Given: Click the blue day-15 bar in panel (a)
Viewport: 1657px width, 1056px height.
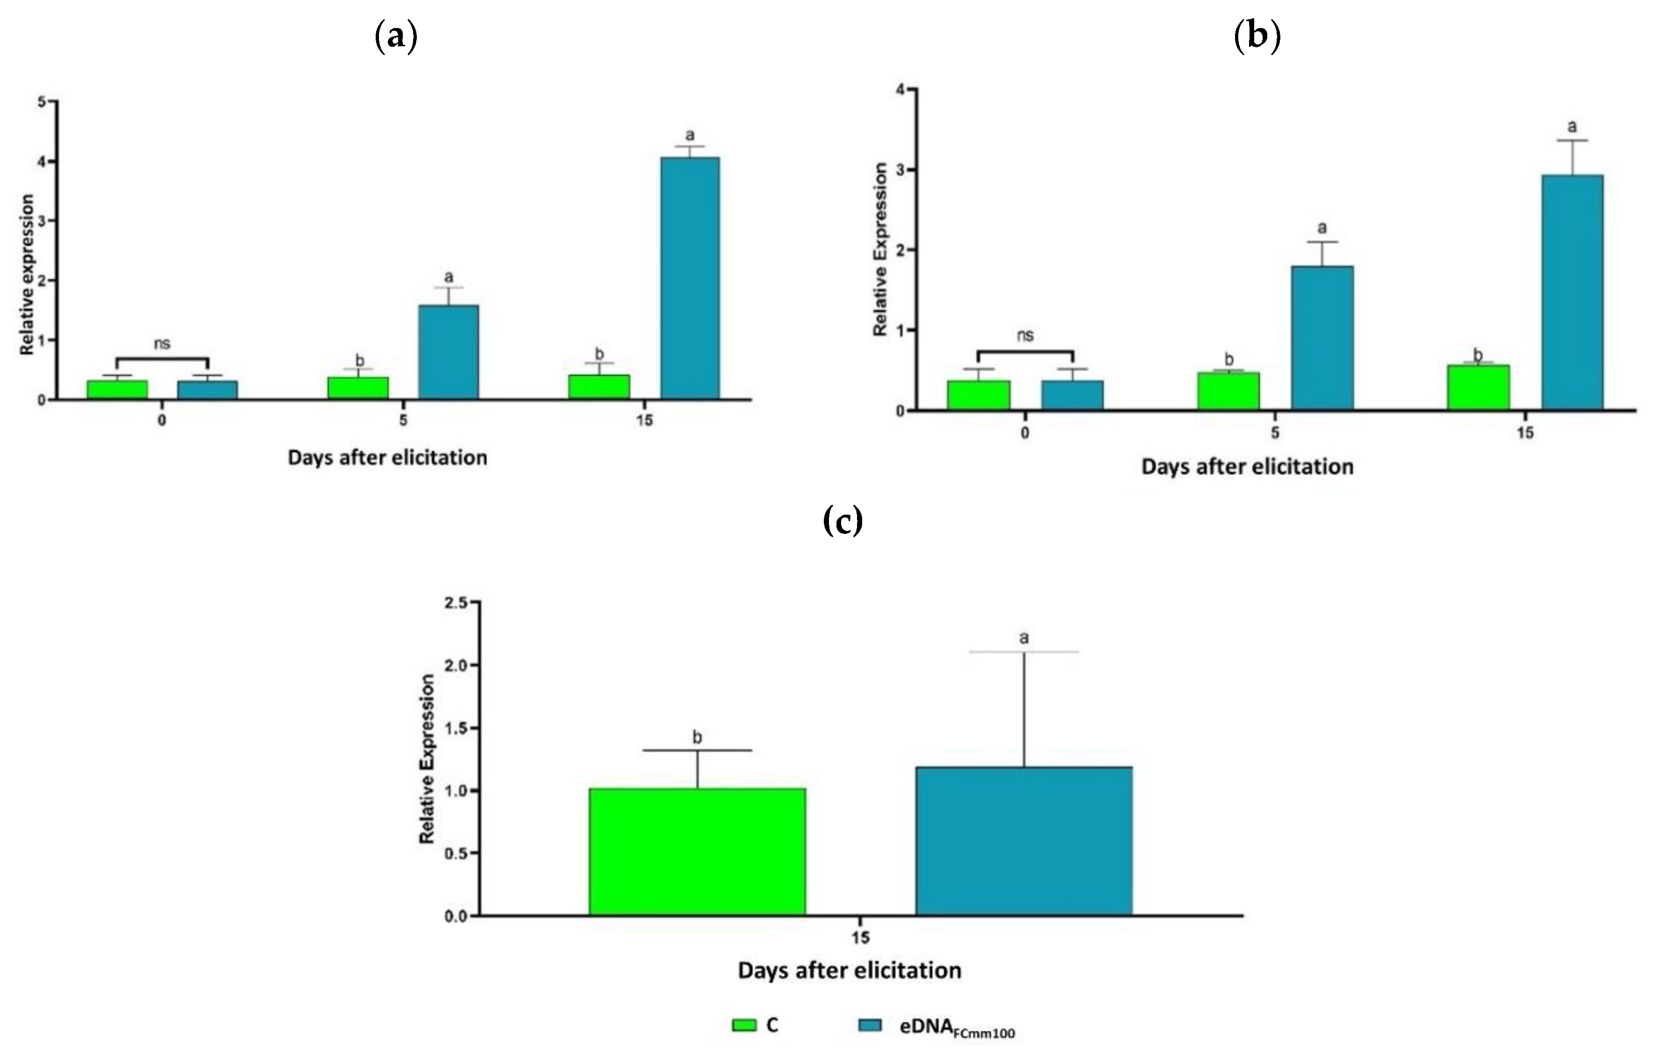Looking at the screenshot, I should point(690,278).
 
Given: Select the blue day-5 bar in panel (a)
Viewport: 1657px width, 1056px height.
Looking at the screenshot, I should point(449,352).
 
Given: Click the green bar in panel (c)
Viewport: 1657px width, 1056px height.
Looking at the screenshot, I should point(697,852).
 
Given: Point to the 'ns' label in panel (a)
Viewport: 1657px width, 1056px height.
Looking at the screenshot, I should point(162,344).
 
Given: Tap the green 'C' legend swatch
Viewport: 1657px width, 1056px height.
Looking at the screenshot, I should point(744,1025).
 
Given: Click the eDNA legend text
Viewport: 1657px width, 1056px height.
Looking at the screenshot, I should point(957,1027).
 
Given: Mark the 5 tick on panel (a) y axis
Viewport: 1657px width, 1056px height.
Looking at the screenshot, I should point(43,102).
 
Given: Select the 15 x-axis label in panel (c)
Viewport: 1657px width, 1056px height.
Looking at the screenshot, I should point(860,938).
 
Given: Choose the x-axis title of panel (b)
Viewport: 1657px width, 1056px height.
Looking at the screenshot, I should point(1247,467).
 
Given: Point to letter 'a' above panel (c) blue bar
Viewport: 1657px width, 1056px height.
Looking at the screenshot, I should point(1023,638).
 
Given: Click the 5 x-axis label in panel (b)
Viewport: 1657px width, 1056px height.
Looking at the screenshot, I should point(1275,433).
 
